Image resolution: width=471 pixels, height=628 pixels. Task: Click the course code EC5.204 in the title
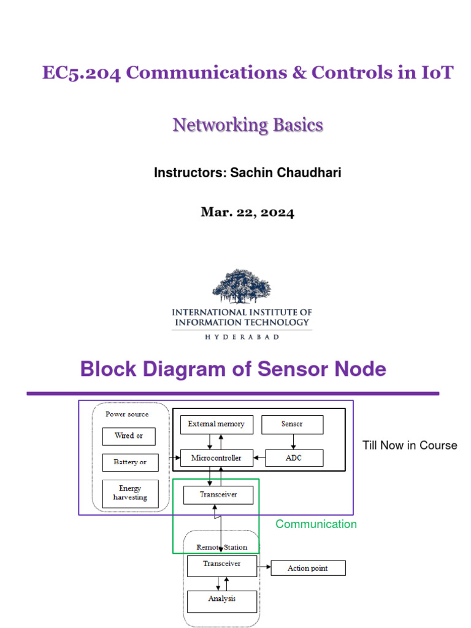81,72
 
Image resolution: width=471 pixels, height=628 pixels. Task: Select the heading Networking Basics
248,125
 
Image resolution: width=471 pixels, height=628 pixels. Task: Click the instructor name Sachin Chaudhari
286,173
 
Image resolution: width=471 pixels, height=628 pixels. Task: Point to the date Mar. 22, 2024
248,213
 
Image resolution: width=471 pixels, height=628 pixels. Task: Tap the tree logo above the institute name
241,286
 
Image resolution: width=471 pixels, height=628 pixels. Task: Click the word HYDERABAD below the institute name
242,337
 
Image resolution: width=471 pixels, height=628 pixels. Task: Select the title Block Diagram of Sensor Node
233,369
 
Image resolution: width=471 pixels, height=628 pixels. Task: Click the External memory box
216,424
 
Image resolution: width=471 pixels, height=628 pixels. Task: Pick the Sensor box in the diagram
293,424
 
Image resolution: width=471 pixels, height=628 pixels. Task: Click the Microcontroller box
216,458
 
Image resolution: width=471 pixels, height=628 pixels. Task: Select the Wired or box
129,436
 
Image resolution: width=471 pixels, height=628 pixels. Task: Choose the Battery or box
129,462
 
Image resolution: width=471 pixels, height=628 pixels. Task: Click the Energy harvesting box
129,493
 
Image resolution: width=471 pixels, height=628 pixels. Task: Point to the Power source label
127,414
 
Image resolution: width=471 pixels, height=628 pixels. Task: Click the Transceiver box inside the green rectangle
218,494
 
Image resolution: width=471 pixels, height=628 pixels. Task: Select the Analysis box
221,599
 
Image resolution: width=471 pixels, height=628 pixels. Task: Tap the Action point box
307,569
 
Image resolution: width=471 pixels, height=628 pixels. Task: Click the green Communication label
316,524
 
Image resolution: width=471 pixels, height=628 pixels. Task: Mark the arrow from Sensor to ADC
293,442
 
